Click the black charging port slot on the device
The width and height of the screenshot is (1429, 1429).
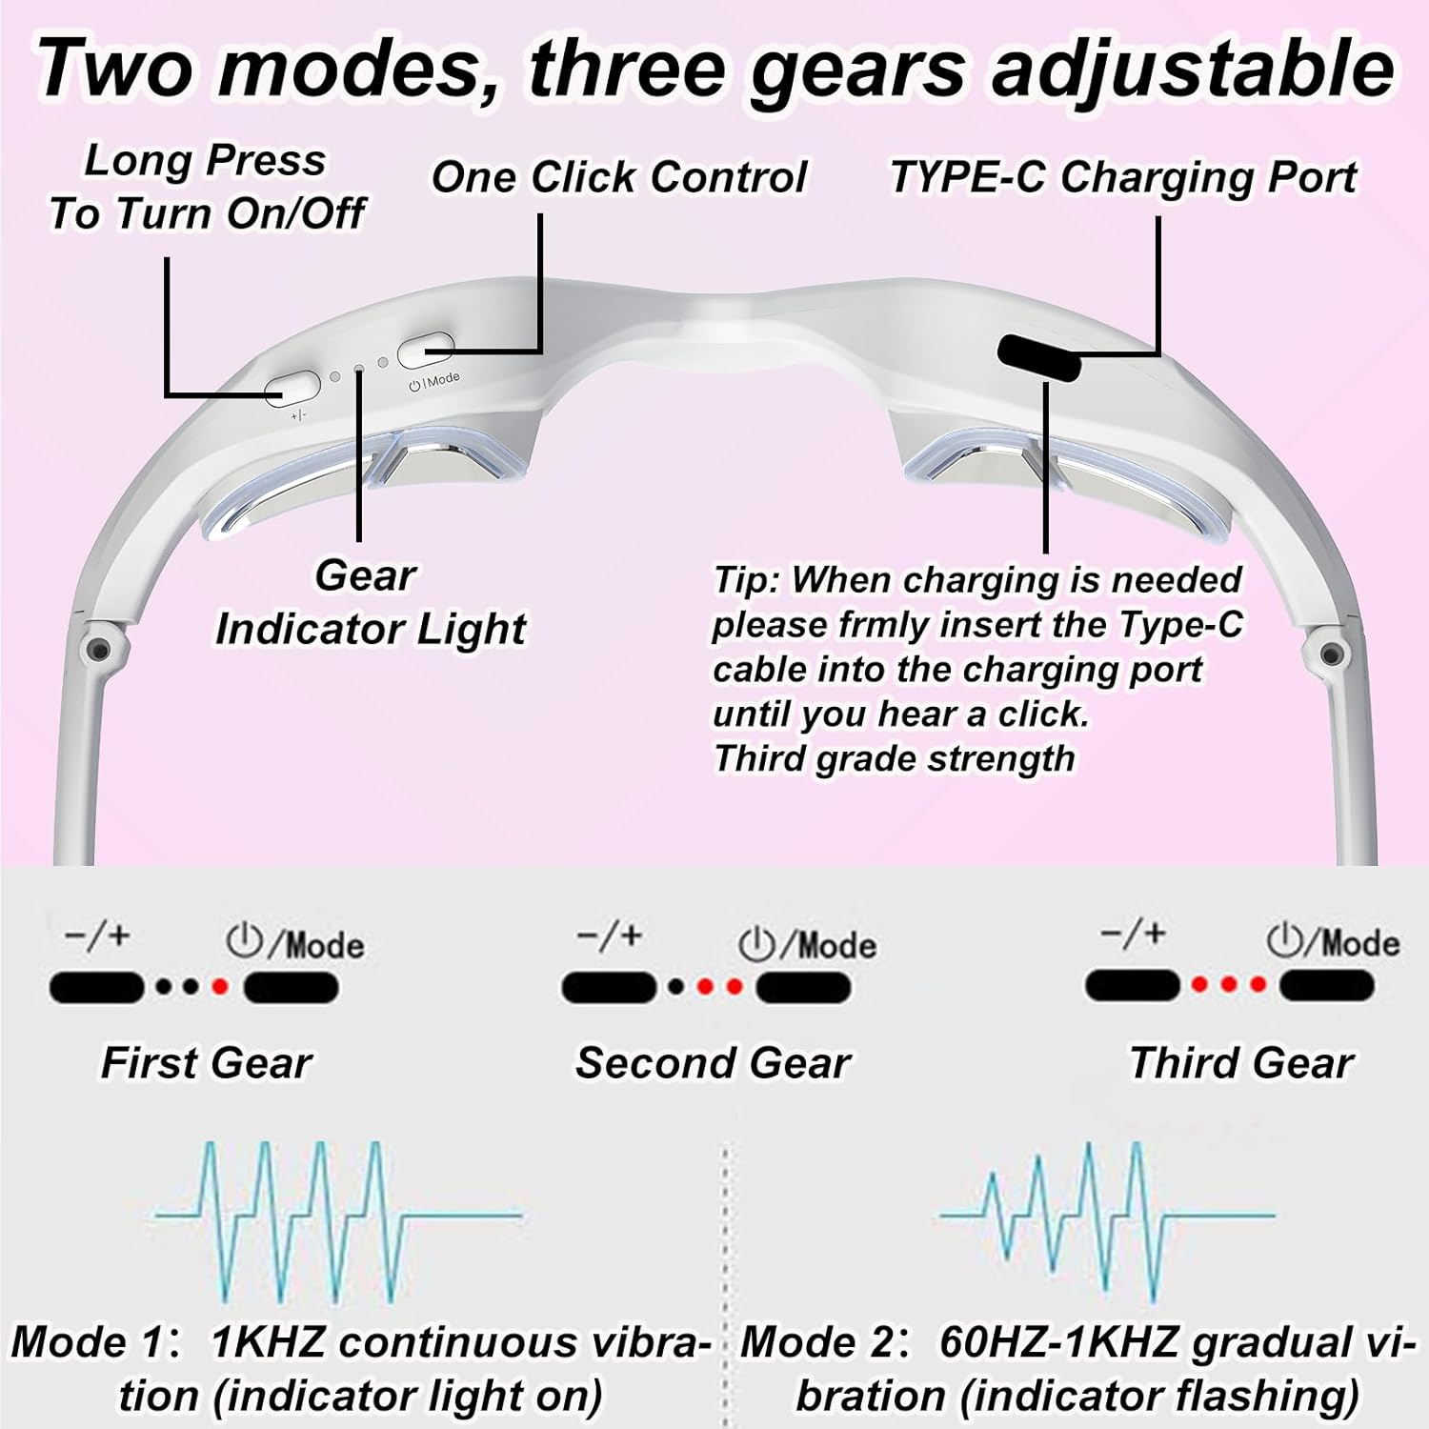click(1038, 357)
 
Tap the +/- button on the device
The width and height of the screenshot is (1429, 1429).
click(292, 386)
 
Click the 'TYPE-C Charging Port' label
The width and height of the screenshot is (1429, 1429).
click(1123, 177)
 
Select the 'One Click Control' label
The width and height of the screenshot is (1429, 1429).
click(619, 177)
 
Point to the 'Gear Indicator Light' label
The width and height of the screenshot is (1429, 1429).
click(370, 602)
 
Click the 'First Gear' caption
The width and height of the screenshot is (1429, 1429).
click(206, 1062)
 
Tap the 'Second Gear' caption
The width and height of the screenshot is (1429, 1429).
click(713, 1062)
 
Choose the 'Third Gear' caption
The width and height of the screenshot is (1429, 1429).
click(1240, 1062)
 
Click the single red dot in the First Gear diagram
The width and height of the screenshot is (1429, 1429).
click(221, 987)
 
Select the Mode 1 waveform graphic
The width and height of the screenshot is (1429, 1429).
click(338, 1219)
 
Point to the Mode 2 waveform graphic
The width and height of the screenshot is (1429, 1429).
click(1105, 1219)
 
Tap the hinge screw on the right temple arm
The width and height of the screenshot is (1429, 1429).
click(1332, 654)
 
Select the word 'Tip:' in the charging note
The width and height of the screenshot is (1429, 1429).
click(747, 579)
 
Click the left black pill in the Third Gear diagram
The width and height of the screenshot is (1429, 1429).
click(1133, 985)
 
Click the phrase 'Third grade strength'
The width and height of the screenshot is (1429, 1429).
click(894, 758)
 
